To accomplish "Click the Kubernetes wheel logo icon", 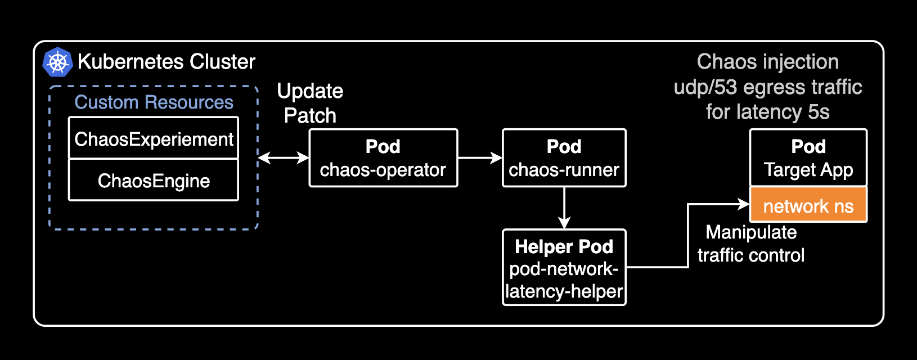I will (x=57, y=62).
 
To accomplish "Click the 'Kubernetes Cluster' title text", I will (x=167, y=61).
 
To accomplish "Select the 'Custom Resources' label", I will (x=154, y=102).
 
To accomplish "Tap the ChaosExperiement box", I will (x=154, y=138).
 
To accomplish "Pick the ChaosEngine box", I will (x=154, y=181).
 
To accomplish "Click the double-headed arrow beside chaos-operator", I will (x=284, y=158).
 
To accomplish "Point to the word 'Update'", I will (x=310, y=91).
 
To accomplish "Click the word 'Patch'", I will (x=310, y=116).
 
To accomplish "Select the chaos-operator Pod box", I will (x=383, y=158).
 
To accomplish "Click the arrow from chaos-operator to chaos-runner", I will (x=480, y=158).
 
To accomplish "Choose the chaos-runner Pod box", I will (x=564, y=158).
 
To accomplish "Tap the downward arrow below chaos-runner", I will (x=564, y=208).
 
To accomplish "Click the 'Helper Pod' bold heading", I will (x=564, y=246).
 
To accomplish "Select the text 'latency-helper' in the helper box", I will (x=564, y=291).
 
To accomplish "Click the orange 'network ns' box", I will (x=808, y=206).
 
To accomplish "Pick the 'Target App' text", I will (x=808, y=170).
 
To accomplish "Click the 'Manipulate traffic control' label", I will (x=750, y=244).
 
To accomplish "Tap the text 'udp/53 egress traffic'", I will (x=767, y=87).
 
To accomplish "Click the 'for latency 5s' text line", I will (x=767, y=112).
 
